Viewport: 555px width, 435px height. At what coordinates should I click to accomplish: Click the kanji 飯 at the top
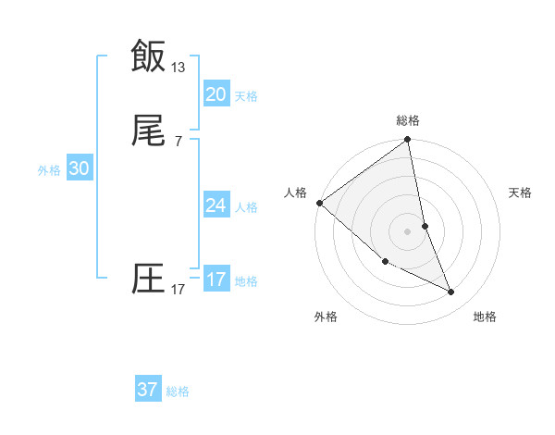(x=148, y=55)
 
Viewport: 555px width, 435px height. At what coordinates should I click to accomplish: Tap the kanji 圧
(x=148, y=278)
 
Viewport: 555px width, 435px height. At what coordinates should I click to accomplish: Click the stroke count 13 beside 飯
(x=179, y=68)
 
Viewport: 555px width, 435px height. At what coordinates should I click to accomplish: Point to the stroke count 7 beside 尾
(x=179, y=141)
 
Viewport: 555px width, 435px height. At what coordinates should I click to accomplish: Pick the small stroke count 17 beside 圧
(x=179, y=290)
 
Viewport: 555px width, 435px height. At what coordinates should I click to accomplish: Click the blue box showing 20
(x=216, y=94)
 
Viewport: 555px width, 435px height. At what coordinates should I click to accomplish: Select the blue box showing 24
(x=216, y=205)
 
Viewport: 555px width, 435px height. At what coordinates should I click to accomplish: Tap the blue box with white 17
(x=216, y=280)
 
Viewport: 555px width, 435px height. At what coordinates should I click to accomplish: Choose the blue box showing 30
(x=80, y=168)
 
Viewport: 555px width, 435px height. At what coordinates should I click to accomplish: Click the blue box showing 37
(x=147, y=390)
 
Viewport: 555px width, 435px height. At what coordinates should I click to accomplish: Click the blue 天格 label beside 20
(x=246, y=96)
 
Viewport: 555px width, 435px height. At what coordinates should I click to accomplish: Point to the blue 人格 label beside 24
(x=246, y=207)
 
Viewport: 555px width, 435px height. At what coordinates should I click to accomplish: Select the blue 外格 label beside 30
(x=49, y=170)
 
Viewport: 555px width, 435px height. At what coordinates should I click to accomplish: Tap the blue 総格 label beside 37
(x=178, y=391)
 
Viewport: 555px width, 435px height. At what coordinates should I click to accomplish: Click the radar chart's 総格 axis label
(x=408, y=120)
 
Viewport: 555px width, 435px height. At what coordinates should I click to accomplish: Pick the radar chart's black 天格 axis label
(x=521, y=193)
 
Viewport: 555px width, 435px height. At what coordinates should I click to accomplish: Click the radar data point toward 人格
(x=319, y=203)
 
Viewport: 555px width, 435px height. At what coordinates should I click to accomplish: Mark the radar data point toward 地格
(x=451, y=292)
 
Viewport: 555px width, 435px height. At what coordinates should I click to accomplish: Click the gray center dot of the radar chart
(x=408, y=230)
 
